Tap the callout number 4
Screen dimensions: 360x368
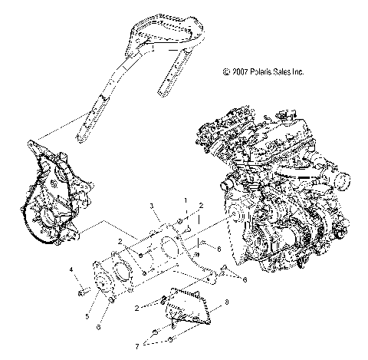pyautogui.click(x=71, y=270)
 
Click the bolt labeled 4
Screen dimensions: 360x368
pyautogui.click(x=80, y=292)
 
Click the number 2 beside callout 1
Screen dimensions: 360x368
pyautogui.click(x=201, y=206)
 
